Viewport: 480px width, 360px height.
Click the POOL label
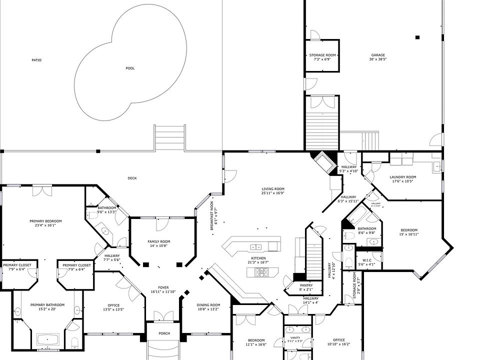pos(130,68)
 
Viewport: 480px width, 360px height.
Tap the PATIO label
pos(36,60)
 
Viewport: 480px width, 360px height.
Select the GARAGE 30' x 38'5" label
pos(378,57)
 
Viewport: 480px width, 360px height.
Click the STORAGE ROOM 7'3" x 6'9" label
pos(322,57)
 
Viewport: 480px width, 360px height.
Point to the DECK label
pos(132,178)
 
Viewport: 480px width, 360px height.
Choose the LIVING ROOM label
pos(273,190)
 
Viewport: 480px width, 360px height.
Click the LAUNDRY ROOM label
pos(403,179)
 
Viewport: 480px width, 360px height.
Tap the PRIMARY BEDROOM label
pos(45,223)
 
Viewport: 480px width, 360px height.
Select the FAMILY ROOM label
pos(159,243)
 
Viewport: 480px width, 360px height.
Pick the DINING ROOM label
pos(208,307)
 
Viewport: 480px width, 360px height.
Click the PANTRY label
pos(306,287)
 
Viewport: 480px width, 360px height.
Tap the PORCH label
pos(164,333)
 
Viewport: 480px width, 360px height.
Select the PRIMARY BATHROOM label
pos(47,307)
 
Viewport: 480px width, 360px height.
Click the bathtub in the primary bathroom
pos(48,340)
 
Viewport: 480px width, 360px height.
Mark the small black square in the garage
pos(417,37)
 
